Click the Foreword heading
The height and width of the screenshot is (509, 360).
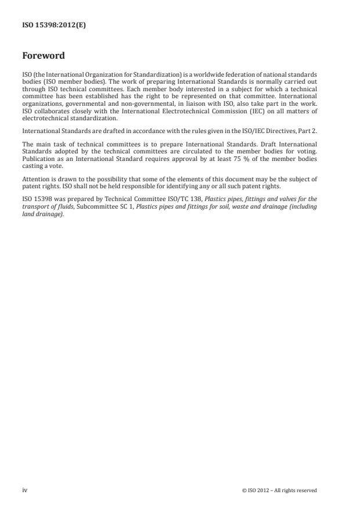coord(43,56)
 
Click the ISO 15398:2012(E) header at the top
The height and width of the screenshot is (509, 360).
coord(53,26)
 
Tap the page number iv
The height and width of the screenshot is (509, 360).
coord(24,490)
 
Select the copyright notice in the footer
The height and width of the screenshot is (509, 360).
coord(279,490)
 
